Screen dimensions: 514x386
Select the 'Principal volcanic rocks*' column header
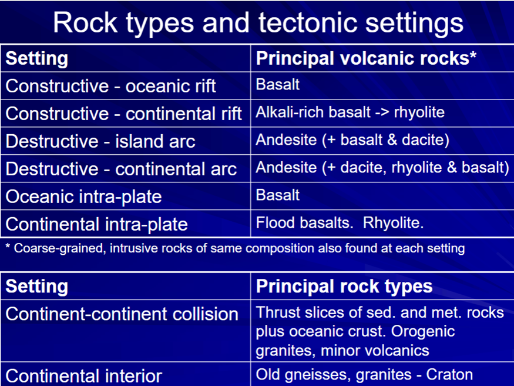click(x=366, y=58)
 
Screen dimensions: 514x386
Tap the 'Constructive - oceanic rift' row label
click(x=111, y=86)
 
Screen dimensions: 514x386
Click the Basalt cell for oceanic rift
click(x=278, y=84)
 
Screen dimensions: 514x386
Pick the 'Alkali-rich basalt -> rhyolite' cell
click(x=350, y=112)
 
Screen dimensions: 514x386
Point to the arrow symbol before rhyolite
click(x=382, y=113)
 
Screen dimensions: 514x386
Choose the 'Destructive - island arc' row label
click(x=100, y=141)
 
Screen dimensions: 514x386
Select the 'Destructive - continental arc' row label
click(x=121, y=169)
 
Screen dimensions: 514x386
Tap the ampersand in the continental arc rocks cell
click(x=452, y=167)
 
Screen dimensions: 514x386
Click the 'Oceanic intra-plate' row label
click(x=84, y=197)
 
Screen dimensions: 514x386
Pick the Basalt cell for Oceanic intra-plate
click(x=278, y=195)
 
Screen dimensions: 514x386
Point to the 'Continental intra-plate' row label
click(x=97, y=224)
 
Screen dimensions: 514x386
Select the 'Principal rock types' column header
click(x=344, y=286)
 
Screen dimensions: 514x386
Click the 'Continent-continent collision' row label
click(x=122, y=314)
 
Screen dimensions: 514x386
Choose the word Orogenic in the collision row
click(x=423, y=331)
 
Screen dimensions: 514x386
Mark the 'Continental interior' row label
click(x=84, y=376)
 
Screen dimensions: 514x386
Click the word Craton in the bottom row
click(x=449, y=374)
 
